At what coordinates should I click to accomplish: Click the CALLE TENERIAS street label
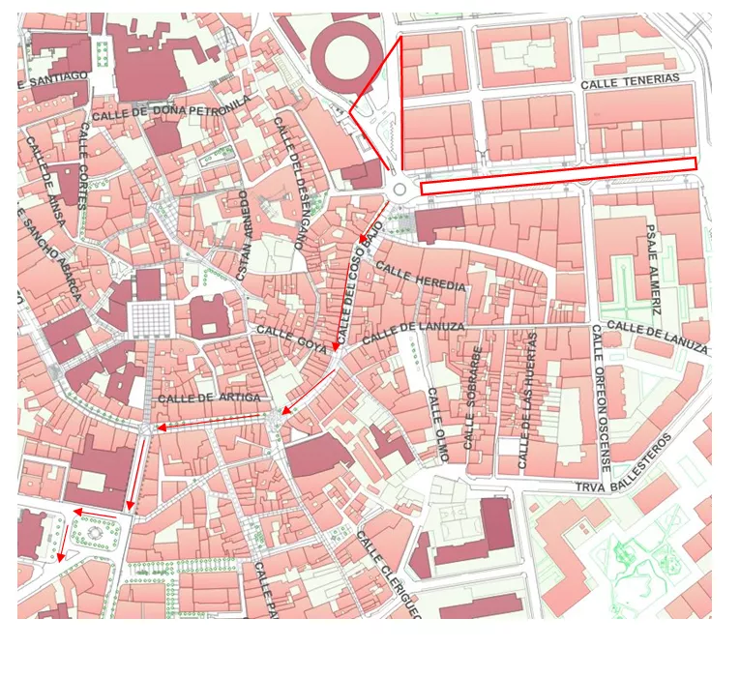[630, 81]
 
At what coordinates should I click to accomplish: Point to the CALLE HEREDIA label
[421, 277]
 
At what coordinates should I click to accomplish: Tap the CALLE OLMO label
[438, 426]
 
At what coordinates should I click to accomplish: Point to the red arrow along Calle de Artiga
[210, 422]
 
